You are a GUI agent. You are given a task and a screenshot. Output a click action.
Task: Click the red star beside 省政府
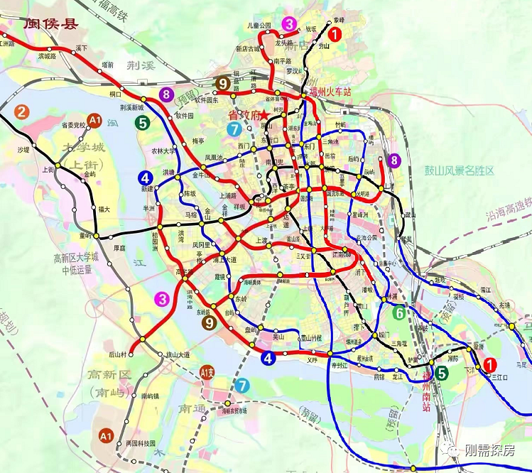(x=263, y=114)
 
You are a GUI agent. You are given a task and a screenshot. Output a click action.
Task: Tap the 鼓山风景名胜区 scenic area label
(x=450, y=170)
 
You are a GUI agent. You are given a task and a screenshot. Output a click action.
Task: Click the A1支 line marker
(x=207, y=371)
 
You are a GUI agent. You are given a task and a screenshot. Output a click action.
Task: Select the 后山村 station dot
(x=132, y=349)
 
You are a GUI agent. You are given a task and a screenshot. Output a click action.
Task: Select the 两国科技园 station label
(x=140, y=442)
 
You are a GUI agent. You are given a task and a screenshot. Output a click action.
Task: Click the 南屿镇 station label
(x=153, y=396)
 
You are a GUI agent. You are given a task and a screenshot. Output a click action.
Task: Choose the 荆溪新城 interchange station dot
(x=143, y=99)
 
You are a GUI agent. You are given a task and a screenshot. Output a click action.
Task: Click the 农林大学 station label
(x=164, y=151)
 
